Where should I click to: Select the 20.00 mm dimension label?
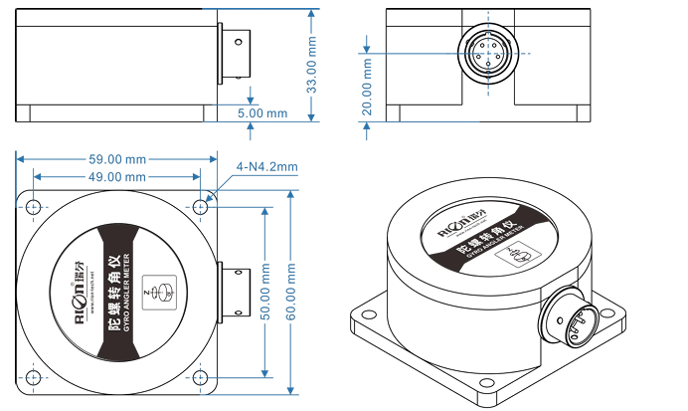point(368,87)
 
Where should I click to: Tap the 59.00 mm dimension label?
point(117,158)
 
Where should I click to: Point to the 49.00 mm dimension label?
point(117,176)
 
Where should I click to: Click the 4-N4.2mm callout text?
point(266,166)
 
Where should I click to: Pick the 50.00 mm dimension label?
point(265,292)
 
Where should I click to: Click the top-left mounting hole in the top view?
point(33,207)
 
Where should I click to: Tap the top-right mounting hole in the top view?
point(201,207)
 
